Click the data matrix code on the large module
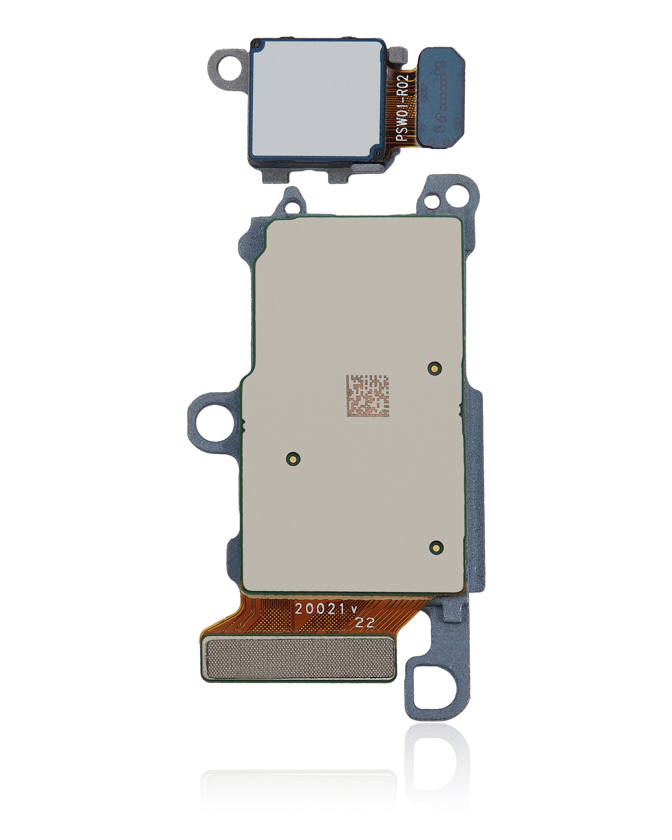point(367,396)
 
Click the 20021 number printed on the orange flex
point(320,609)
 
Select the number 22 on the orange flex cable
point(365,623)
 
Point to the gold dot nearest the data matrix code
point(434,368)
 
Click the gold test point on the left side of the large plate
point(293,458)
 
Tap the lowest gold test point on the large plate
point(436,547)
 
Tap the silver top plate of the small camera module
point(316,99)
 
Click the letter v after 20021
point(354,610)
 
